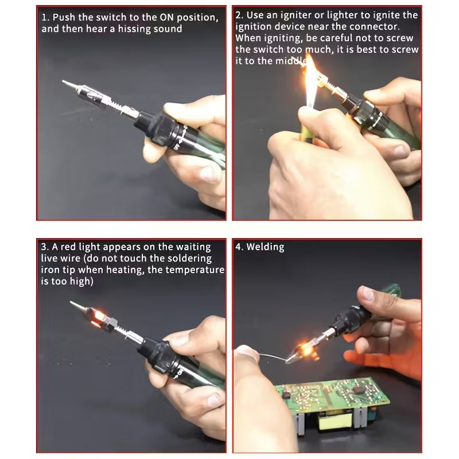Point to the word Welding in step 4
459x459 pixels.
click(264, 247)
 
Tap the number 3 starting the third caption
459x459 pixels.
click(44, 247)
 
